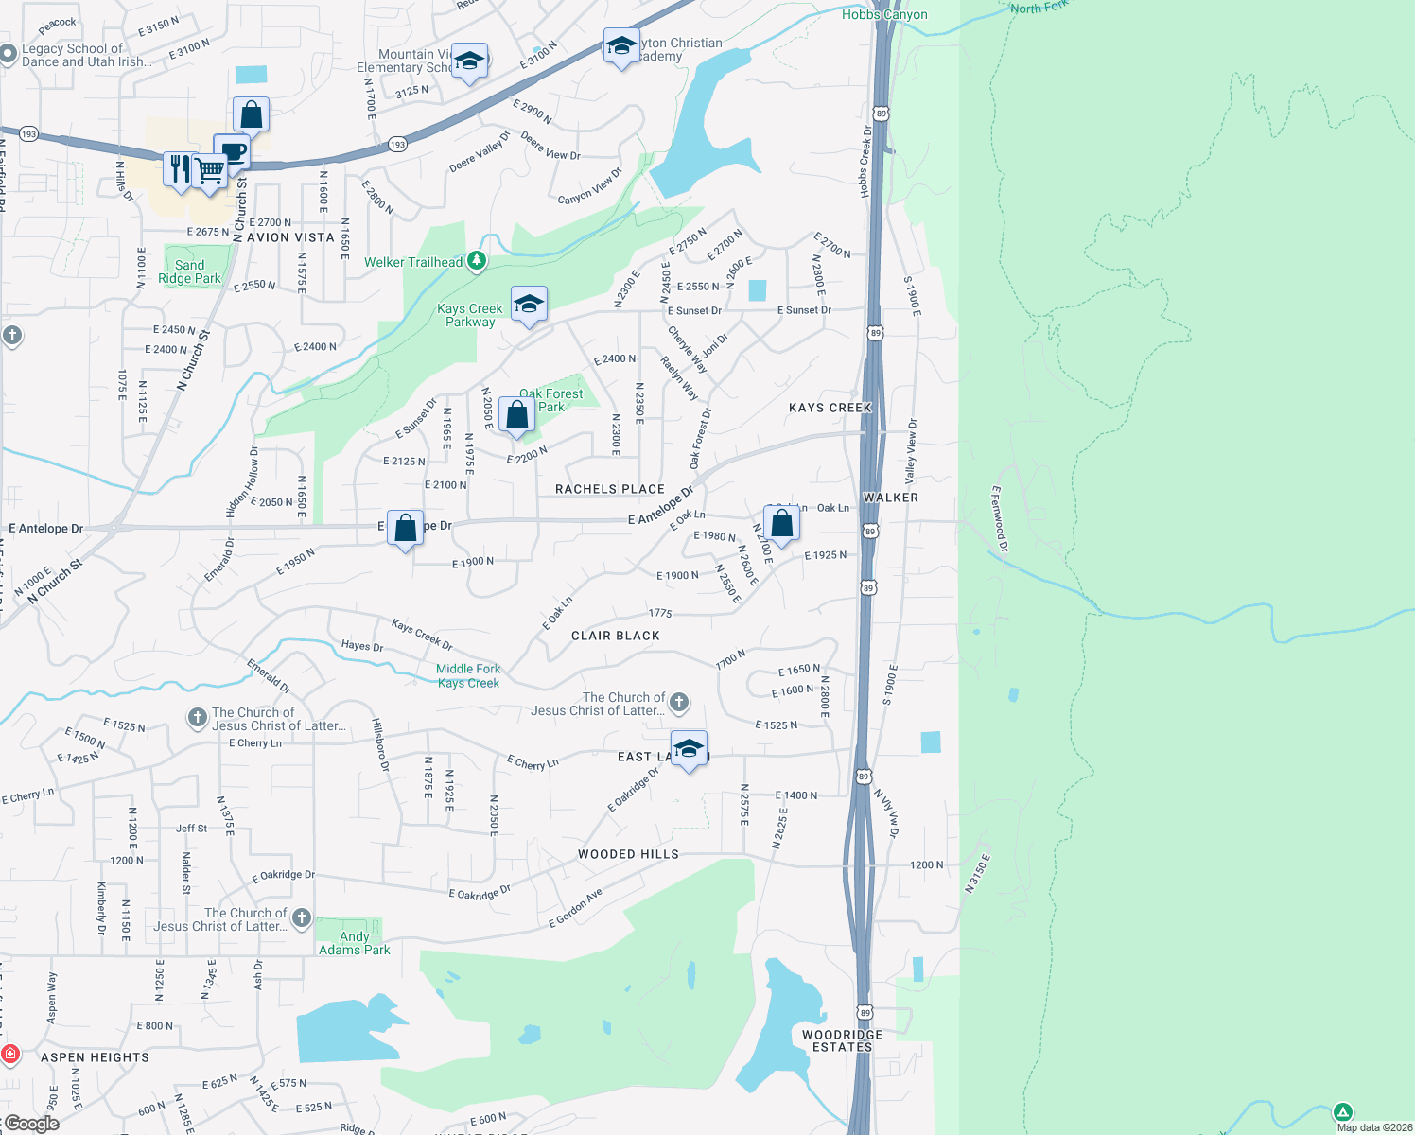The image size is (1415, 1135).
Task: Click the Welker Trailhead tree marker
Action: pos(477,261)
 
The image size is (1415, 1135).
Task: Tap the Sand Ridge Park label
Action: pos(189,272)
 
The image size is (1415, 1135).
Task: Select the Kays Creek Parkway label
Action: pos(470,315)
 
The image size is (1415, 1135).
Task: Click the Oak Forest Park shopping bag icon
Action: pos(516,415)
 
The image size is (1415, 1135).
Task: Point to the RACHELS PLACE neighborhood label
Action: pos(610,489)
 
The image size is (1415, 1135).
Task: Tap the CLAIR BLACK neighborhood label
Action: pos(616,636)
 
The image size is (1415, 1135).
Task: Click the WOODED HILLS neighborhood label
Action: pos(628,854)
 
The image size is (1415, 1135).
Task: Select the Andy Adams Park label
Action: pos(355,943)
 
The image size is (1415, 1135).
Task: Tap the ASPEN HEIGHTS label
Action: pos(95,1057)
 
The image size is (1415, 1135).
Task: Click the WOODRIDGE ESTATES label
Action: pos(842,1040)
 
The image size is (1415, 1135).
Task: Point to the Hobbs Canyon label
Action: pos(884,14)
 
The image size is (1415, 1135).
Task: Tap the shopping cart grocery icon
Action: pos(210,171)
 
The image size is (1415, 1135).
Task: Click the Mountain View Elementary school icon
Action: pos(469,61)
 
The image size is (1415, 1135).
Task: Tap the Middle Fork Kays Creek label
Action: pos(468,675)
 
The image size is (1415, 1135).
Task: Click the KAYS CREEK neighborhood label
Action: pos(830,408)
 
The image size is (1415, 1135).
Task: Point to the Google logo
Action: pos(32,1124)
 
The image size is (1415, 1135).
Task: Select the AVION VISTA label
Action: pos(290,237)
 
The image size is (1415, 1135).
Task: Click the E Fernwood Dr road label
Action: pos(1000,519)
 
